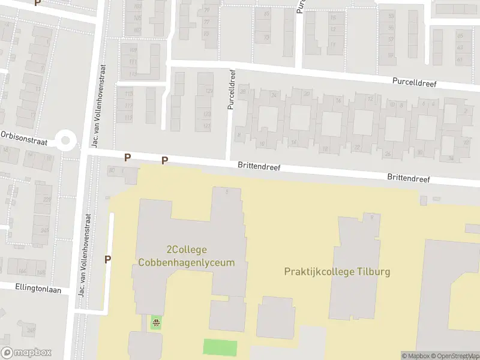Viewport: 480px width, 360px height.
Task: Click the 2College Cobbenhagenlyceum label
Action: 186,256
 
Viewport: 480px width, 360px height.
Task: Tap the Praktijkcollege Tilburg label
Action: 337,272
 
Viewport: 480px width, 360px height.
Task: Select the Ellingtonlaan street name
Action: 38,288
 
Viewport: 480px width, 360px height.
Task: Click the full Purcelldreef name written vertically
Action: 231,89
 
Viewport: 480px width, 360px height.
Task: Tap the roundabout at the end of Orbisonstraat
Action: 65,142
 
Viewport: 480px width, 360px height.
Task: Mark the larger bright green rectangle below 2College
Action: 220,347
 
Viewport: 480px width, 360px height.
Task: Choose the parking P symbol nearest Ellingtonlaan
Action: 108,259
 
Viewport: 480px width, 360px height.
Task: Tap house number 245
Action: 43,229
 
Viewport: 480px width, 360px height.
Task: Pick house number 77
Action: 206,22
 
